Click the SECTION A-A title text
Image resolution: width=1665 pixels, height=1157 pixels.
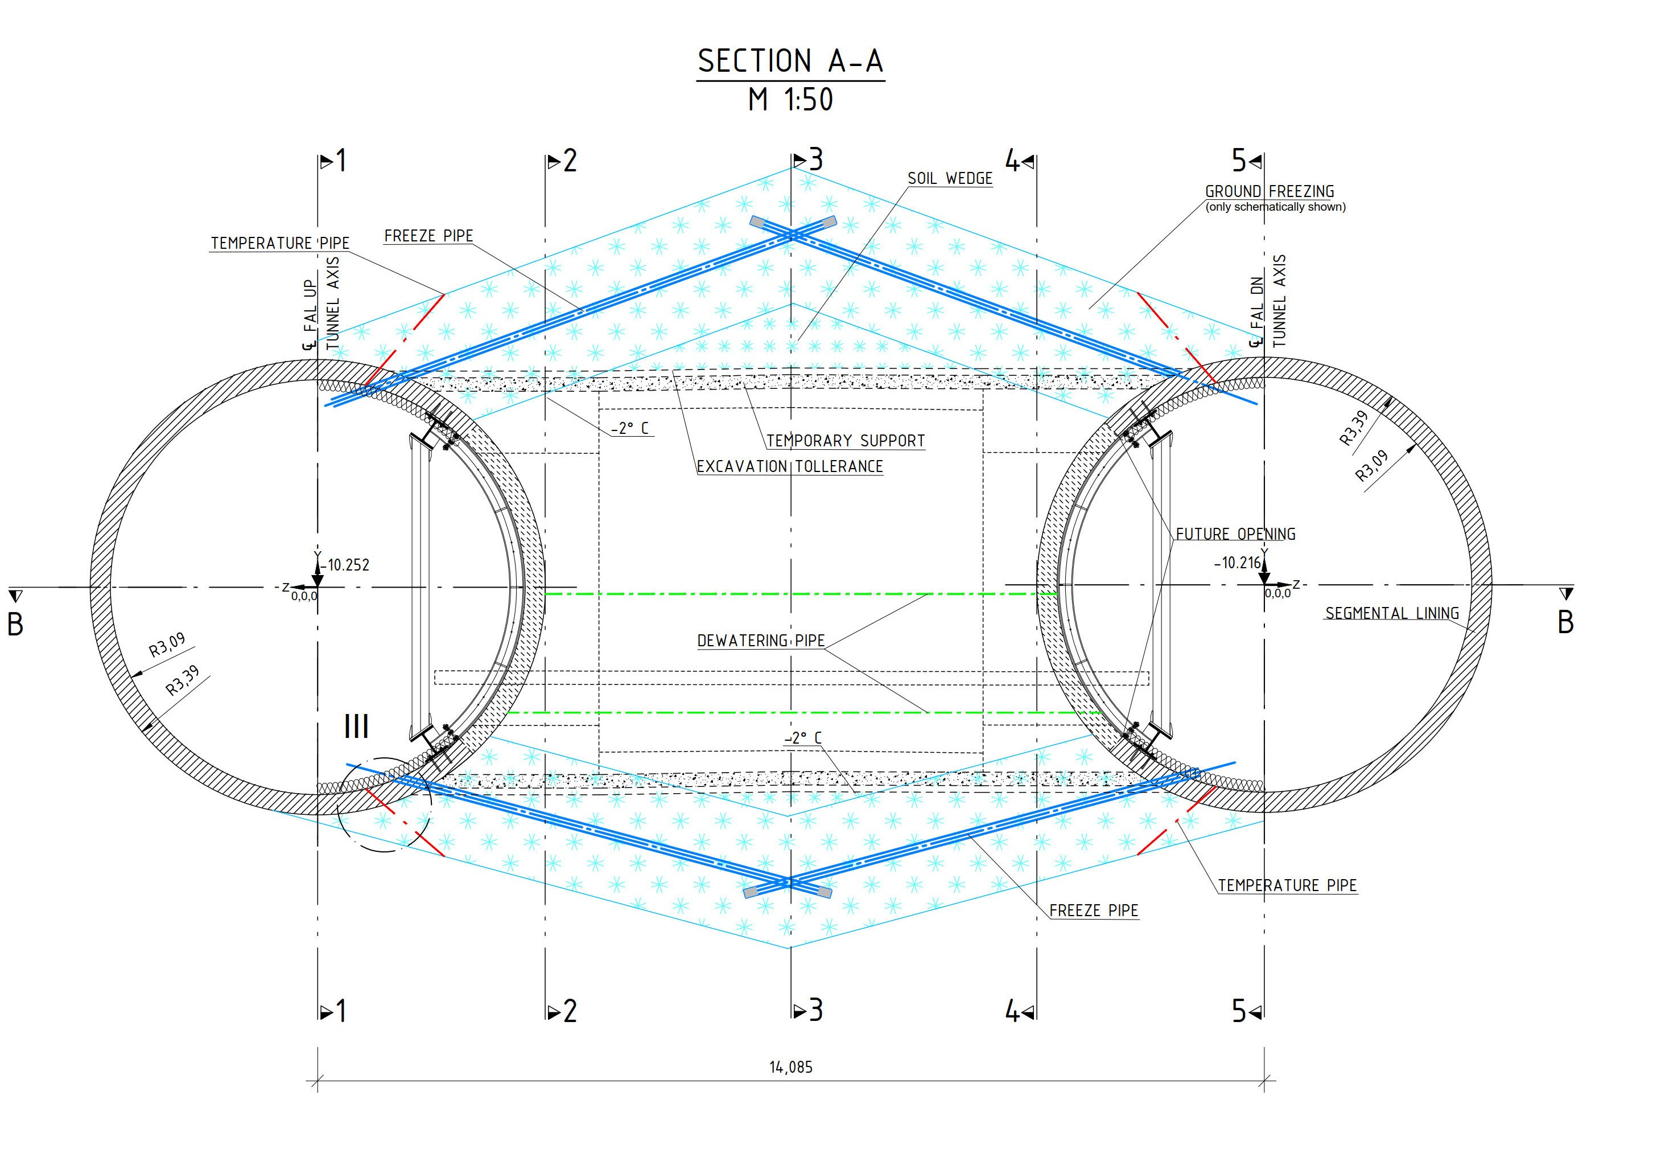(790, 61)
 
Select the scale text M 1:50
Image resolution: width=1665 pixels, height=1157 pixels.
(790, 99)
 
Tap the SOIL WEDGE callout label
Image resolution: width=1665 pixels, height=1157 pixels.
(949, 178)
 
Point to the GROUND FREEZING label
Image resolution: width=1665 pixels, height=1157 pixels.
(1269, 191)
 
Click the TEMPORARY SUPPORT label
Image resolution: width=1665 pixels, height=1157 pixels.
(845, 441)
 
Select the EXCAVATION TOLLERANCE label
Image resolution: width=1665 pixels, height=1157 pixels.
(789, 466)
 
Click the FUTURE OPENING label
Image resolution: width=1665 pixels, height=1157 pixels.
(1235, 534)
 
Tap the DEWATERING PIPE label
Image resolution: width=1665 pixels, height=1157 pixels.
(760, 641)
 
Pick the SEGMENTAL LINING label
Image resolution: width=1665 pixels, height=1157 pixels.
(1391, 613)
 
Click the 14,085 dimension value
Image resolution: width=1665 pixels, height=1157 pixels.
(790, 1067)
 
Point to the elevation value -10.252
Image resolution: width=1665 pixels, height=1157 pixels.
(347, 565)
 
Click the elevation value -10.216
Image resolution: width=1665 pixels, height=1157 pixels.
(1238, 563)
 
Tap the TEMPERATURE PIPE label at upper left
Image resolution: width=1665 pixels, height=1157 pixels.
(279, 243)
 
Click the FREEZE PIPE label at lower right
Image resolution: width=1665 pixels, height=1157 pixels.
(1093, 910)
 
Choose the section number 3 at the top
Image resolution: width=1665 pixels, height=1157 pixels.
(816, 159)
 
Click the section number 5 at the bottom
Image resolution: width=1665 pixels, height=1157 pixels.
(1238, 1011)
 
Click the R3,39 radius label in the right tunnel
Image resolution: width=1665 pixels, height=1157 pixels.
(1353, 427)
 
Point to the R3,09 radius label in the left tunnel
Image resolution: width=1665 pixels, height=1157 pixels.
(167, 644)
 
